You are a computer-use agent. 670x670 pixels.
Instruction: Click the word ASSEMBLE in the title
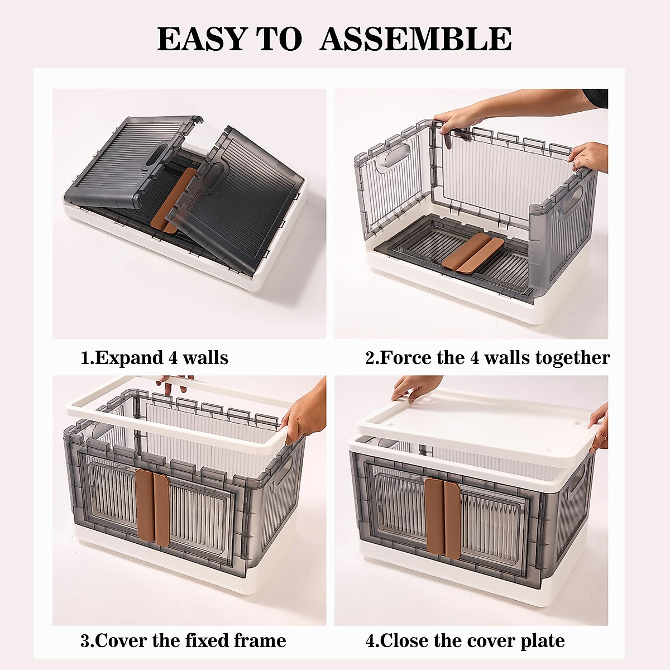[415, 39]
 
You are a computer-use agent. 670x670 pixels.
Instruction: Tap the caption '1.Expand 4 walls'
[155, 357]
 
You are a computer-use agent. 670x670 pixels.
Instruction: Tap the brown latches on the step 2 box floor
[466, 252]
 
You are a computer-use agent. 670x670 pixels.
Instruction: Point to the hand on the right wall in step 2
[590, 156]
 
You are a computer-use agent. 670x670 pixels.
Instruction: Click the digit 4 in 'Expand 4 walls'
[173, 357]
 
